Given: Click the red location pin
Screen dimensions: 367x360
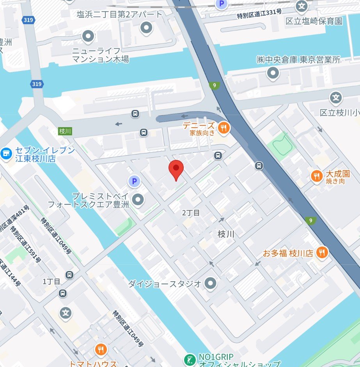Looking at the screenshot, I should (x=176, y=170).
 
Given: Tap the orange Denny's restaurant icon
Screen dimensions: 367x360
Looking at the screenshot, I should (x=223, y=128).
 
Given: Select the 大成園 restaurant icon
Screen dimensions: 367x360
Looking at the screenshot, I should (x=316, y=176).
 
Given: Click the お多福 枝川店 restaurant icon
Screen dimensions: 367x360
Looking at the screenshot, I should (x=322, y=252).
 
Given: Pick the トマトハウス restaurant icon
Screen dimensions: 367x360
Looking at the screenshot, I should (x=101, y=349).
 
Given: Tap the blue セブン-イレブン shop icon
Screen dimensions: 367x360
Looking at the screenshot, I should (x=6, y=154).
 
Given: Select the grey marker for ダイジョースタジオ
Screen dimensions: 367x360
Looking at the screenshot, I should (x=211, y=283).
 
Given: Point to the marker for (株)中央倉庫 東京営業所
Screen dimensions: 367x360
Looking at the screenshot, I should (x=273, y=73).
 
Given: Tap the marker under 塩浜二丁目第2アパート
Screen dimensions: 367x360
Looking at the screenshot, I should (x=147, y=28).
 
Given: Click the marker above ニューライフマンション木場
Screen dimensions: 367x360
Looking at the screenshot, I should (x=88, y=37).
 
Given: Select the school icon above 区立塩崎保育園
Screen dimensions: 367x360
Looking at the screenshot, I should (x=301, y=6).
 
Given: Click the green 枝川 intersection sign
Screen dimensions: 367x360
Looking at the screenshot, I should (x=65, y=131).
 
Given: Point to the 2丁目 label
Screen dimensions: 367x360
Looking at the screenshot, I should (x=191, y=213).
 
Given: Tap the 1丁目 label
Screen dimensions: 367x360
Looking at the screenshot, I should (x=51, y=281).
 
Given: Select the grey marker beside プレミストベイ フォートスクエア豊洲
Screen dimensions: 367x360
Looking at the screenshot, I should (x=138, y=200).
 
